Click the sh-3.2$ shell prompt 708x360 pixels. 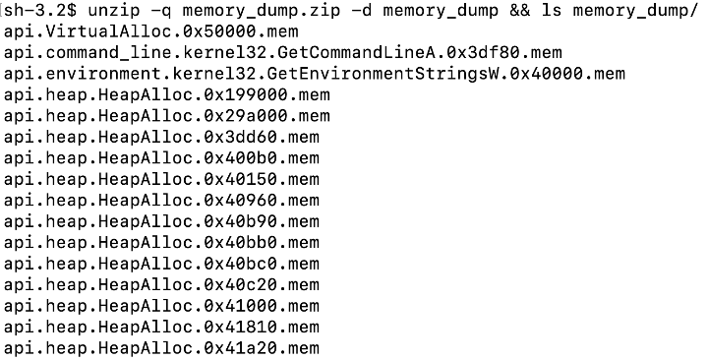pyautogui.click(x=40, y=11)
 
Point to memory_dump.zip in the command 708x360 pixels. pyautogui.click(x=261, y=11)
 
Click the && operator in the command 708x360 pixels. pyautogui.click(x=520, y=11)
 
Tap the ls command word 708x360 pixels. pyautogui.click(x=552, y=11)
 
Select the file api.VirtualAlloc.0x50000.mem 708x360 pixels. pyautogui.click(x=151, y=32)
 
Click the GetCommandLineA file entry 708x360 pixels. pyautogui.click(x=283, y=53)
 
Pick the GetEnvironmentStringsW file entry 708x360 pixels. pyautogui.click(x=315, y=74)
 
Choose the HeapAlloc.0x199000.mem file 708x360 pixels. pyautogui.click(x=167, y=95)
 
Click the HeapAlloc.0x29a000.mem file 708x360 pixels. pyautogui.click(x=167, y=116)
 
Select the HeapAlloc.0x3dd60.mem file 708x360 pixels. pyautogui.click(x=161, y=138)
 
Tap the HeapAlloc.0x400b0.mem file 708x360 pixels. pyautogui.click(x=161, y=158)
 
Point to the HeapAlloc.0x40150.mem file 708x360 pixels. pyautogui.click(x=161, y=180)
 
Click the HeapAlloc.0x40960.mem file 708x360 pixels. pyautogui.click(x=161, y=201)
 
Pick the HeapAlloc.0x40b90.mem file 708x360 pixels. pyautogui.click(x=161, y=221)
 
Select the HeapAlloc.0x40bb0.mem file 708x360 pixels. pyautogui.click(x=161, y=243)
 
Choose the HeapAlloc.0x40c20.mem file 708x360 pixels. pyautogui.click(x=161, y=285)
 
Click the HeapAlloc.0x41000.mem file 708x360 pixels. pyautogui.click(x=161, y=306)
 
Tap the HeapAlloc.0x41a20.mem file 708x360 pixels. pyautogui.click(x=161, y=348)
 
